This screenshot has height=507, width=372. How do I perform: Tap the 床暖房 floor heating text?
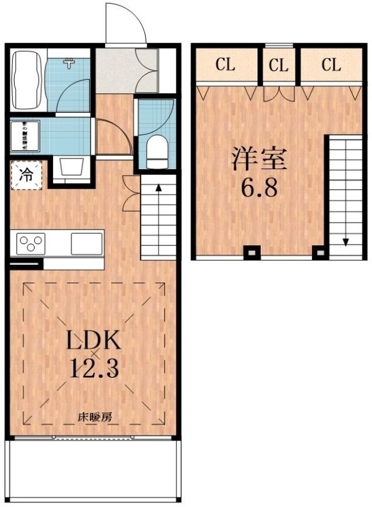click(94, 418)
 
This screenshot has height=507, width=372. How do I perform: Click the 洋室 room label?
click(259, 159)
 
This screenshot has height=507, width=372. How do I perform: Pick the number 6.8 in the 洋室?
click(259, 188)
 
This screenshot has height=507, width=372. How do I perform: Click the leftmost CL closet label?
click(226, 65)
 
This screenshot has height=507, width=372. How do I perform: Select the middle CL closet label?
click(278, 65)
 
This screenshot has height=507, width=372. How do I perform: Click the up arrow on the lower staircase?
click(158, 188)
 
